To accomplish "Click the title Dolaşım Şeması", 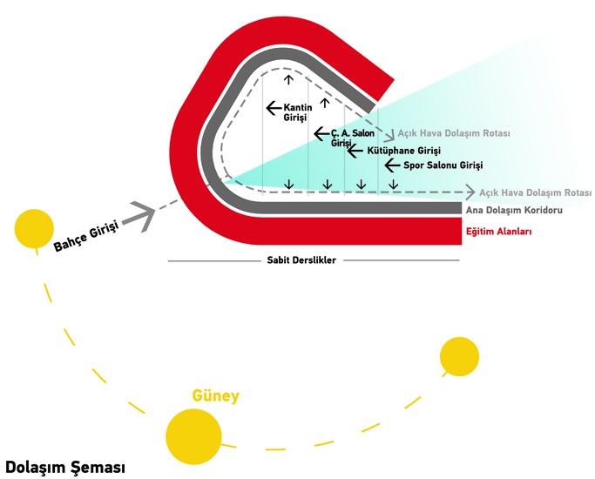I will (65, 467).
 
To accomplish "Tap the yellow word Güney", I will (215, 397).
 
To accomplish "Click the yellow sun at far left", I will (34, 228).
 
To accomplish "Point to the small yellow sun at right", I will (459, 356).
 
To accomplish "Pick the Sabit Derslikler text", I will (301, 260).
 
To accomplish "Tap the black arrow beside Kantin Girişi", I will (274, 108).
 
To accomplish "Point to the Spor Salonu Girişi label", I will (443, 165).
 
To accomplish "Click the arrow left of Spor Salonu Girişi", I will (392, 164).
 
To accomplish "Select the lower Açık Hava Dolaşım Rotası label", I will (535, 192).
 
